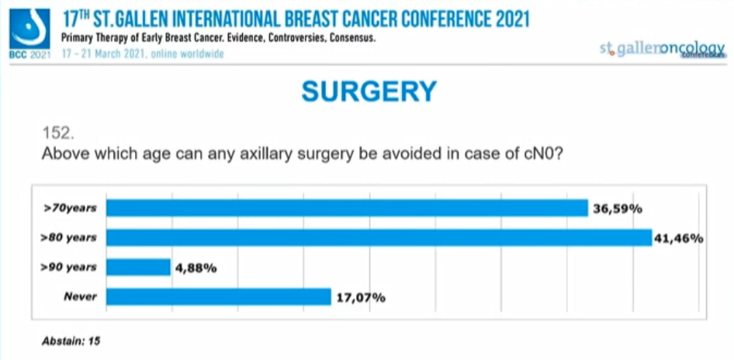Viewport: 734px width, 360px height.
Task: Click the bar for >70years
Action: click(x=347, y=208)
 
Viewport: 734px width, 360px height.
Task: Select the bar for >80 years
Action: click(x=379, y=237)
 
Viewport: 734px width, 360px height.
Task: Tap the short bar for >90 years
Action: click(x=138, y=268)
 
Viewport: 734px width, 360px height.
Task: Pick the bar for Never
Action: click(x=219, y=296)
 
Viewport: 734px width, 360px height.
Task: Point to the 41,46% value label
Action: click(x=679, y=238)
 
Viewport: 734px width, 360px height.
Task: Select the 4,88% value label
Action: click(x=196, y=268)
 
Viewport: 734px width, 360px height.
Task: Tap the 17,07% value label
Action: click(x=360, y=297)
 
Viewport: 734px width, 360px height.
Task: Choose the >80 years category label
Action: click(x=71, y=237)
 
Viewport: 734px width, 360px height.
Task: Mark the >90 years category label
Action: click(x=71, y=268)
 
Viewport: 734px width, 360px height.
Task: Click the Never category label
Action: click(x=81, y=296)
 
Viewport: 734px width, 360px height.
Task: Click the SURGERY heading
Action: click(x=369, y=92)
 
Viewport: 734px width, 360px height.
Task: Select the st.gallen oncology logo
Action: click(x=663, y=49)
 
